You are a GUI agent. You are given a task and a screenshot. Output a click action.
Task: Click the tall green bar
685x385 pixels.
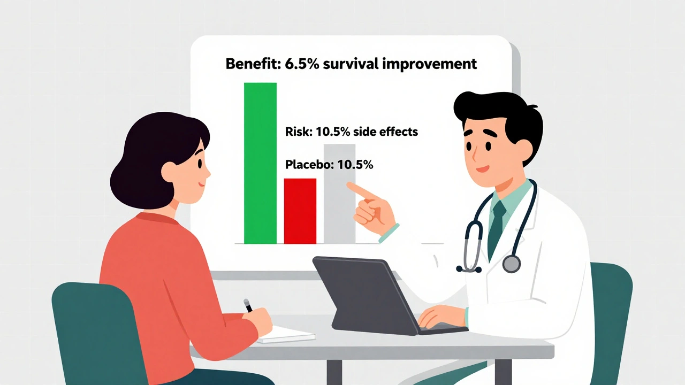[260, 163]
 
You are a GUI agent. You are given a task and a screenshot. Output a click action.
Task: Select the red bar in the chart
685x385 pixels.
[300, 211]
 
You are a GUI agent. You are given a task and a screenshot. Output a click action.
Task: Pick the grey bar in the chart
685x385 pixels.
[339, 194]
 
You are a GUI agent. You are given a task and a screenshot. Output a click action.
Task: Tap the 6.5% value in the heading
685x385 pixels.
[302, 64]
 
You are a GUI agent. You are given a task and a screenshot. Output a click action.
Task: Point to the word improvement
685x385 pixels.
[427, 65]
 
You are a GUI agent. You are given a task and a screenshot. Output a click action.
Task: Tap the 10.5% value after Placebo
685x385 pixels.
[355, 165]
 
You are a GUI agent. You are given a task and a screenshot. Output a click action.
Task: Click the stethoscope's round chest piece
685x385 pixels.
[511, 264]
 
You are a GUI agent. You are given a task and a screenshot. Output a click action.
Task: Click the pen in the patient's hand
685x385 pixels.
[248, 305]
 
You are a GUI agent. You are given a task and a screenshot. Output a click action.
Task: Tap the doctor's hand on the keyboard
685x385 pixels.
[442, 317]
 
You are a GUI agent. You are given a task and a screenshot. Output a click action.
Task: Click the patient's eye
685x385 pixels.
[200, 163]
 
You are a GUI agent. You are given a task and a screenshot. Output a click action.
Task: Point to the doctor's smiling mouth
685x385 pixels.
[483, 168]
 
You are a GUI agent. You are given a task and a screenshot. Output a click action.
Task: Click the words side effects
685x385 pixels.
[385, 132]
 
